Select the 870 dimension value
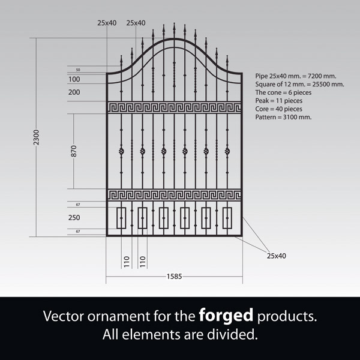pos(74,151)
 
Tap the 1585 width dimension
pos(174,277)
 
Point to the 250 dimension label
pos(74,218)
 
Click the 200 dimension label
pos(74,92)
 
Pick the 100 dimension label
pos(74,79)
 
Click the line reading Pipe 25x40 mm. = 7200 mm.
pos(295,77)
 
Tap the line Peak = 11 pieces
pos(279,101)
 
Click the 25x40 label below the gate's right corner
pos(276,256)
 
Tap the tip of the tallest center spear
pos(174,25)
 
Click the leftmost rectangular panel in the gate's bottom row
pos(121,218)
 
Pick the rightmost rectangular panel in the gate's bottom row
pos(227,218)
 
